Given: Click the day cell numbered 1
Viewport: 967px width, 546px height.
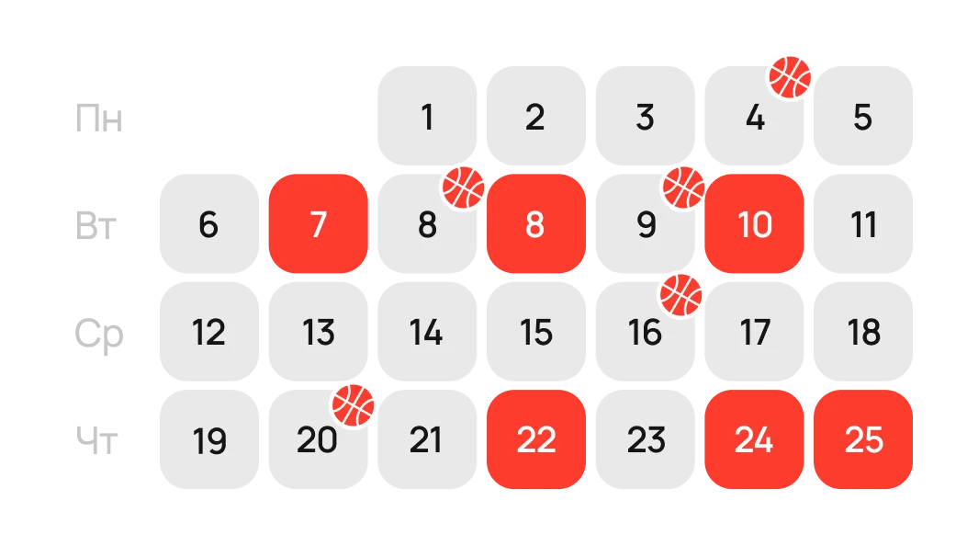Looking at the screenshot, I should point(427,118).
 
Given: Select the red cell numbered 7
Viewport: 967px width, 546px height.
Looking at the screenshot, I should point(318,224).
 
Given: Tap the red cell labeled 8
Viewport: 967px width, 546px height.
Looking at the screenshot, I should point(535,224).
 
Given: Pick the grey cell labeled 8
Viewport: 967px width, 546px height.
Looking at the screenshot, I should point(427,224).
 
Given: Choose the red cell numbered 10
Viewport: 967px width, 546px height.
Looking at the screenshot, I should point(755,224).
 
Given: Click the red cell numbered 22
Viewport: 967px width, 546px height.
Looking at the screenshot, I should point(535,440).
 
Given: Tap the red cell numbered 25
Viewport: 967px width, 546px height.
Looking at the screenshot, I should point(863,440).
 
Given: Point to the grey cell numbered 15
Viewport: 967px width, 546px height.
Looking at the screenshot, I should point(535,332).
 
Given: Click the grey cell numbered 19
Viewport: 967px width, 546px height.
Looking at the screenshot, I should point(209,440).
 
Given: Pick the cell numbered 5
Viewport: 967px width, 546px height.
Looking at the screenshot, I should point(863,118).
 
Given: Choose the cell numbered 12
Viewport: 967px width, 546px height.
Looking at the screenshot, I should point(209,332).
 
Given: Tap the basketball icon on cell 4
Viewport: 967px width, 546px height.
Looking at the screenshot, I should point(791,77).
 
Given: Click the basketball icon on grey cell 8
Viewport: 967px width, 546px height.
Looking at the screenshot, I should point(464,188).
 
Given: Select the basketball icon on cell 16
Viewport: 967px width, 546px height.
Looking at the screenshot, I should point(681,295).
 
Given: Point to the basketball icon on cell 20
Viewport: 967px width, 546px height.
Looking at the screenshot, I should point(354,403).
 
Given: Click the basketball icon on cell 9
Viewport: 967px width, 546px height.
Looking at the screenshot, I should point(684,188).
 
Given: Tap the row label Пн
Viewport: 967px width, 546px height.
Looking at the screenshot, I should point(99,119).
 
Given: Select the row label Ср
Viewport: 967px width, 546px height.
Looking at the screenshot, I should point(99,333).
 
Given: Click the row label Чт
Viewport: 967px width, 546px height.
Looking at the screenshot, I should point(99,438).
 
